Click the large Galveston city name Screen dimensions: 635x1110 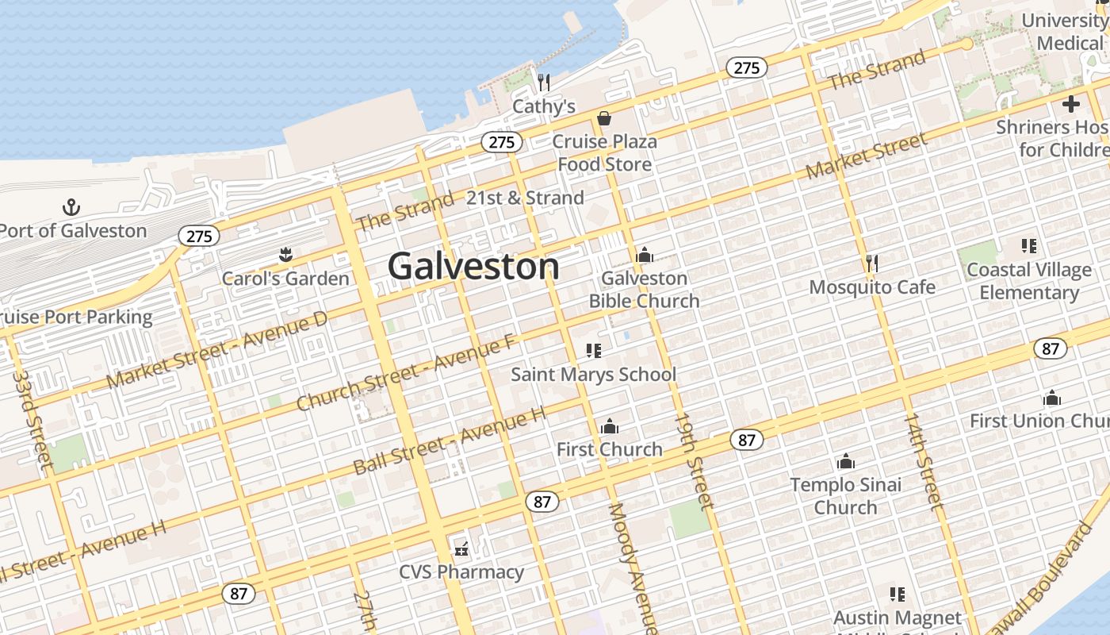[x=473, y=266]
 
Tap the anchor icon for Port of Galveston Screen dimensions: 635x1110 [x=71, y=208]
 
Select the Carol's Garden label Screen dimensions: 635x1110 [x=285, y=279]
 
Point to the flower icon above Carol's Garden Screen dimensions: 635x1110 [x=285, y=255]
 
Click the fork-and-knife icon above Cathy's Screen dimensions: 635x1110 [x=544, y=82]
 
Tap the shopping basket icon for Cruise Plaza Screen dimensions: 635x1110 [x=604, y=119]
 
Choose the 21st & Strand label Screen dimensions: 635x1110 [x=525, y=198]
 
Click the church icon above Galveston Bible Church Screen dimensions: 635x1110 [x=644, y=255]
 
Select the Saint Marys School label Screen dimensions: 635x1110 [x=593, y=374]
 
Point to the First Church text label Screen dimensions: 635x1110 [x=609, y=449]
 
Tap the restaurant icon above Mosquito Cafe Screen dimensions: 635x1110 [x=871, y=263]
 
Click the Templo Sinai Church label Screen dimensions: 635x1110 [x=846, y=495]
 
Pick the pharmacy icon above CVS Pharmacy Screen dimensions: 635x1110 [x=461, y=548]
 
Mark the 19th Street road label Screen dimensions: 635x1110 [x=694, y=460]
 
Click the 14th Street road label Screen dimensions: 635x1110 [x=924, y=460]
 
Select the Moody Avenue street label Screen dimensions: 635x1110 [x=632, y=568]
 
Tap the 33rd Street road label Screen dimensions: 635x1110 [x=33, y=419]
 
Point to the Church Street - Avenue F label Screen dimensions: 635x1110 [x=407, y=373]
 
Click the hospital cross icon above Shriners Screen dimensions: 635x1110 [x=1071, y=104]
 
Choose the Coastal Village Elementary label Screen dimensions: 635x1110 [x=1029, y=281]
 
